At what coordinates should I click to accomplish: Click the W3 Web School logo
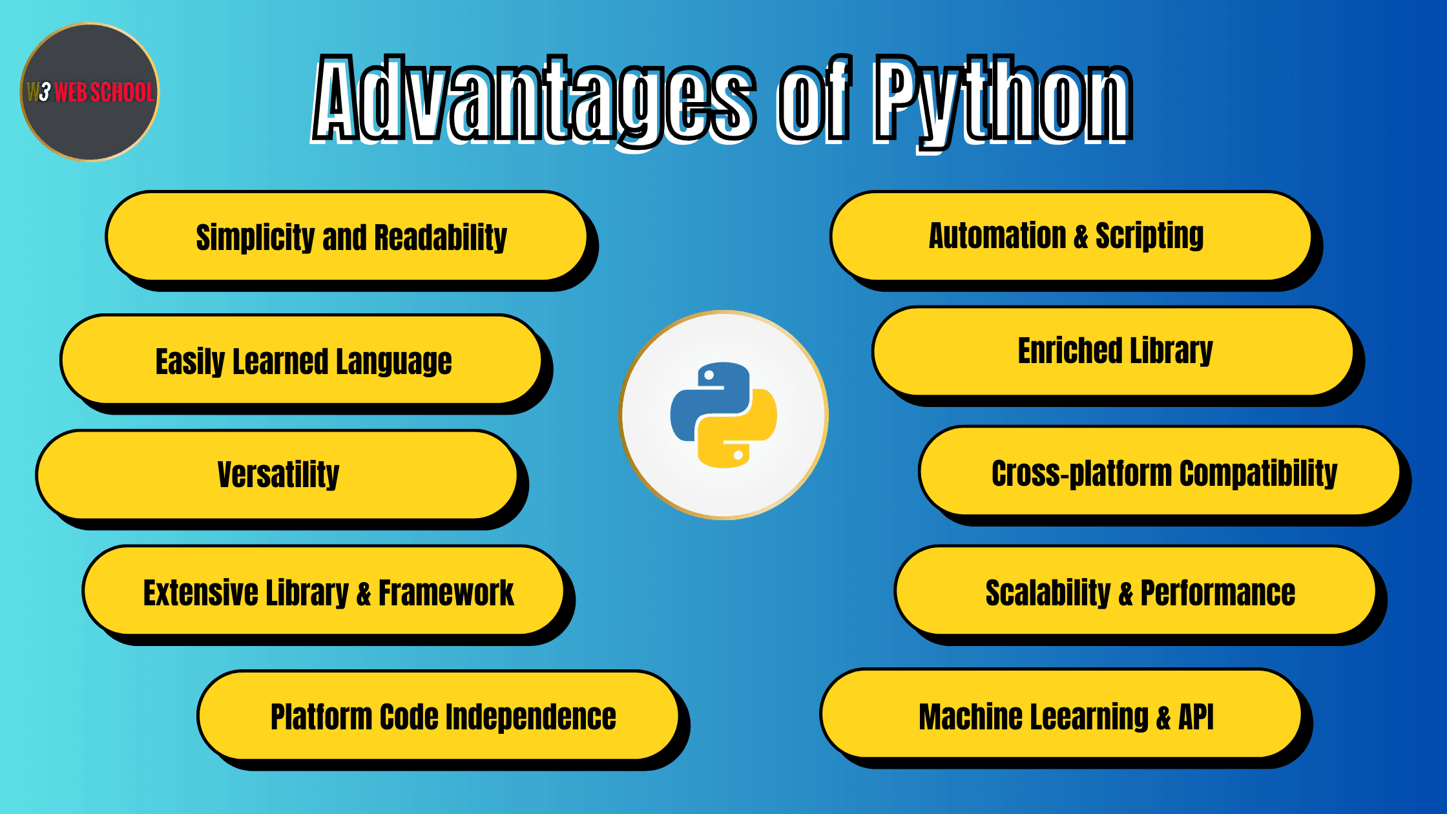tap(90, 92)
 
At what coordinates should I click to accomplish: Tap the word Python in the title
tap(1003, 103)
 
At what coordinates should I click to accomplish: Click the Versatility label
tap(278, 475)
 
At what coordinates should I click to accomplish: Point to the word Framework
tap(446, 592)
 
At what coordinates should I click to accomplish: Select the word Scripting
tap(1150, 236)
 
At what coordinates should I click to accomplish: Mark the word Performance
tap(1218, 592)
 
